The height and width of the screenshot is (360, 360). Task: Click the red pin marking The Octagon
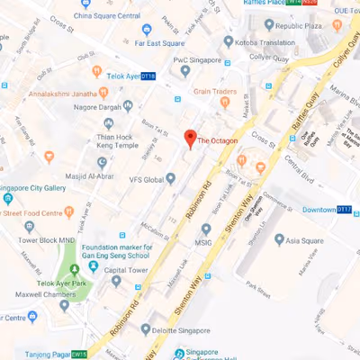189,139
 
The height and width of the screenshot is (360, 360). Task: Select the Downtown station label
319,210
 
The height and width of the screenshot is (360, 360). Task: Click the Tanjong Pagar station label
40,353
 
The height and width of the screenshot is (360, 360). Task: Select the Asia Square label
305,240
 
